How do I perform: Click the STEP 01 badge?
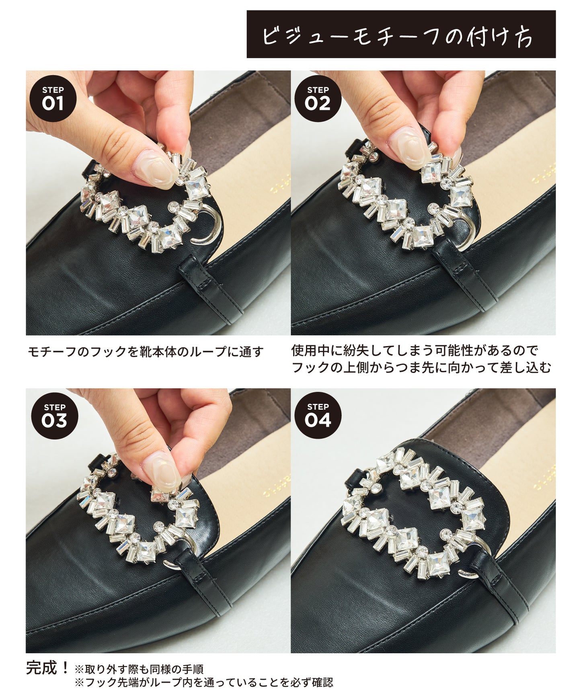(53, 99)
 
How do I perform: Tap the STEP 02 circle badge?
(318, 99)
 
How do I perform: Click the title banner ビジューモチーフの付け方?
(401, 34)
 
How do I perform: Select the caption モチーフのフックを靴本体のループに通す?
(146, 352)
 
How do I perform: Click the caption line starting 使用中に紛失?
(415, 351)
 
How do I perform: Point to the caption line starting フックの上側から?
(421, 368)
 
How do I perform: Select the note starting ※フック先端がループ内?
(203, 683)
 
